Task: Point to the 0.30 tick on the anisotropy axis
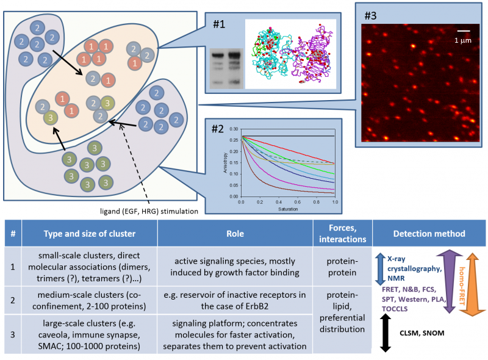click(x=234, y=129)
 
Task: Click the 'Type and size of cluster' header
click(x=90, y=234)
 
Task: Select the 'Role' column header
click(x=234, y=234)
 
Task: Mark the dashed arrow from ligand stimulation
click(x=135, y=162)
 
